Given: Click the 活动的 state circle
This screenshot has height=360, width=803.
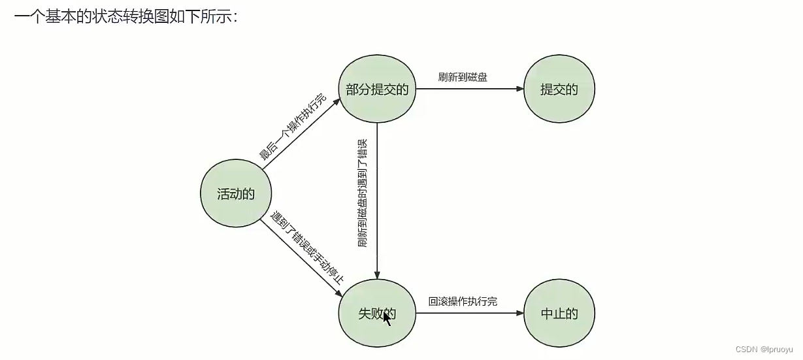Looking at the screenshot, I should [x=236, y=193].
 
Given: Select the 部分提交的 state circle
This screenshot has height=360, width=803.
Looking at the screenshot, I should [x=377, y=90].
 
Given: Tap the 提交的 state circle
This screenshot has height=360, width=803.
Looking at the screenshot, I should [x=559, y=90].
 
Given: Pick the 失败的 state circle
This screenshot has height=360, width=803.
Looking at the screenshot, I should [x=377, y=313].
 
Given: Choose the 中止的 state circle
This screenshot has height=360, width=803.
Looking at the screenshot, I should [x=559, y=313].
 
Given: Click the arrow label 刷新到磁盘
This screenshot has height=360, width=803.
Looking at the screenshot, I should [x=463, y=77].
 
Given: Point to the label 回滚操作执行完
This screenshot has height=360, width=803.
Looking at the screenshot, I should [x=463, y=301].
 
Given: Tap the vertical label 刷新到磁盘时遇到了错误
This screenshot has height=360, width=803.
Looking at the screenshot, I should [x=363, y=193].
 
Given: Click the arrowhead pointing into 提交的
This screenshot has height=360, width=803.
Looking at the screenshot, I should [x=520, y=90].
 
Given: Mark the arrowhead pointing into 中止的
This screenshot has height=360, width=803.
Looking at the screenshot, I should [x=520, y=313].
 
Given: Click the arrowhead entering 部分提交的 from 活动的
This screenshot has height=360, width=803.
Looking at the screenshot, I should [x=337, y=101].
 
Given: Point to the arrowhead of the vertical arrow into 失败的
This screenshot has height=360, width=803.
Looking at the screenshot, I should [x=377, y=276].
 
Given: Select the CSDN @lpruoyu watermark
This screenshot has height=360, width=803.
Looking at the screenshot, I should [x=767, y=350].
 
